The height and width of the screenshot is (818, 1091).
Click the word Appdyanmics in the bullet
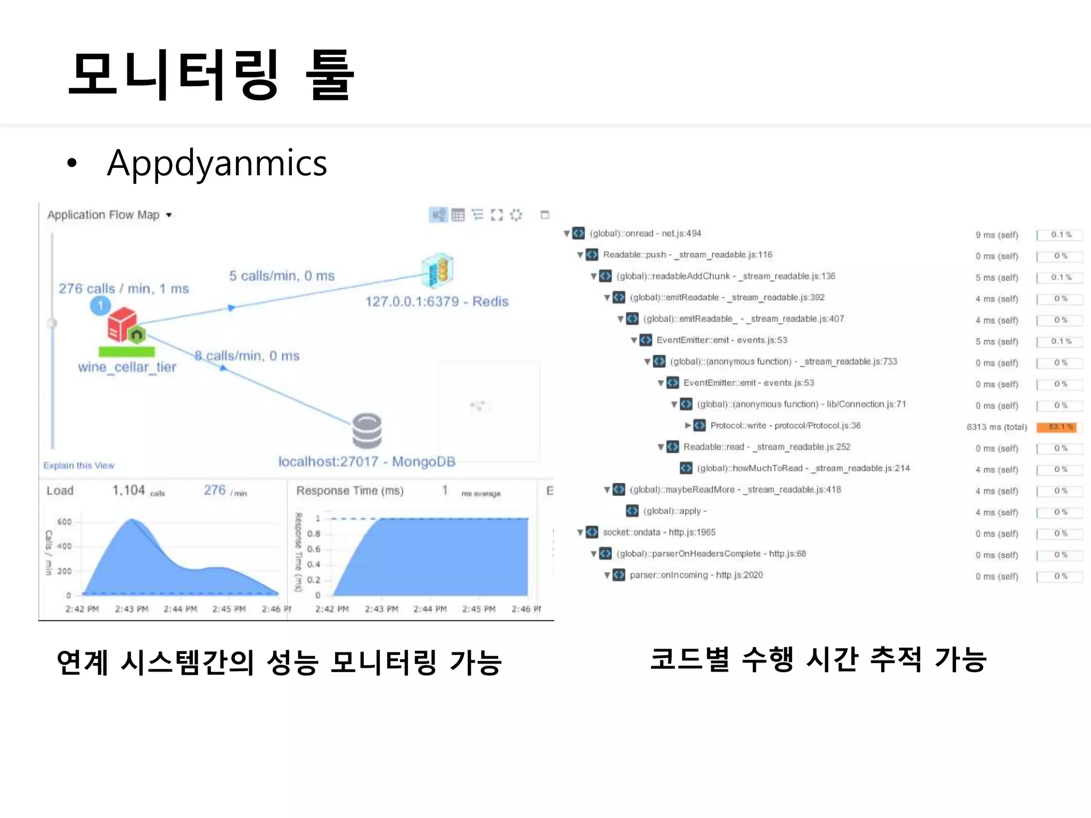pyautogui.click(x=216, y=163)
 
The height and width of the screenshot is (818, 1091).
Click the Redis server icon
pyautogui.click(x=437, y=270)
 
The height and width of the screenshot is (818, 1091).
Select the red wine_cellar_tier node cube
pyautogui.click(x=123, y=323)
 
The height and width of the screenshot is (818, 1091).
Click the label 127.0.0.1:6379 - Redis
pyautogui.click(x=436, y=301)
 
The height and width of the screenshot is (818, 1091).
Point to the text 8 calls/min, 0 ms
pyautogui.click(x=247, y=356)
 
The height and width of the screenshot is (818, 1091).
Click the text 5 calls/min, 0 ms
pyautogui.click(x=282, y=276)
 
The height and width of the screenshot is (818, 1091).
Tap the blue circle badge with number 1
pyautogui.click(x=100, y=306)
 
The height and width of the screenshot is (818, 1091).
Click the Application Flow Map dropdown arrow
pyautogui.click(x=169, y=215)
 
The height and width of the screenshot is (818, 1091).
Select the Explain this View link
pyautogui.click(x=79, y=465)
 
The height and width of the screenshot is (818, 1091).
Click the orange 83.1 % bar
pyautogui.click(x=1056, y=427)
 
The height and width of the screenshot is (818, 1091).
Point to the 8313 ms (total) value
pyautogui.click(x=996, y=427)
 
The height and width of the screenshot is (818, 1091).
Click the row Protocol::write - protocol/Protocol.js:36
pyautogui.click(x=785, y=426)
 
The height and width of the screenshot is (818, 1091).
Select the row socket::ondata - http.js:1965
pyautogui.click(x=659, y=532)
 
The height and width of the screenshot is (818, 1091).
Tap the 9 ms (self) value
pyautogui.click(x=996, y=235)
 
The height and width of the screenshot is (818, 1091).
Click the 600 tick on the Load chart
pyautogui.click(x=64, y=521)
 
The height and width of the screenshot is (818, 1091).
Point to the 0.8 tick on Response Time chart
pyautogui.click(x=314, y=534)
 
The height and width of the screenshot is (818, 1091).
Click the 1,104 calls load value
pyautogui.click(x=128, y=490)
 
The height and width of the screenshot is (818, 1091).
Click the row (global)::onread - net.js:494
pyautogui.click(x=645, y=233)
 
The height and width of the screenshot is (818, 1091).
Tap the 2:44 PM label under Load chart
pyautogui.click(x=180, y=609)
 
